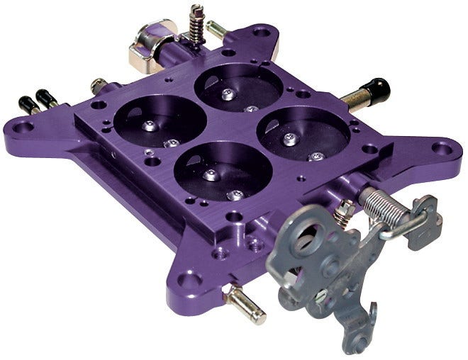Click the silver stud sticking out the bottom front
244,306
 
